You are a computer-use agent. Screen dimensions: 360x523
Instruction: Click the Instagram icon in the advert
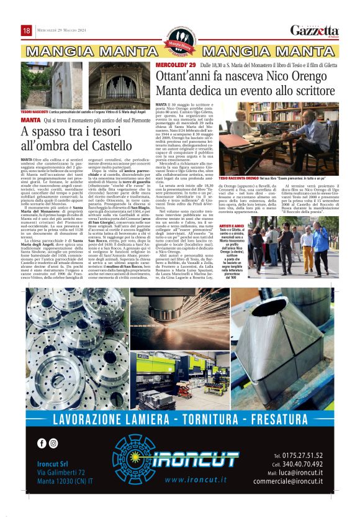coord(53,443)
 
